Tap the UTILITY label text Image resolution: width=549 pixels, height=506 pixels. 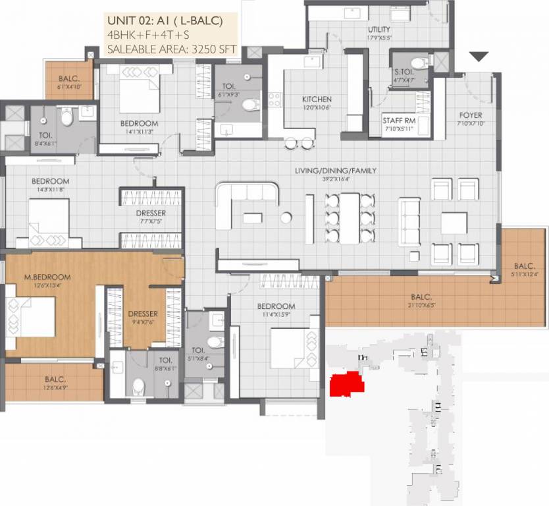coord(379,30)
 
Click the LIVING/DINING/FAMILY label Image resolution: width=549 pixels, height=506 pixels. coord(336,171)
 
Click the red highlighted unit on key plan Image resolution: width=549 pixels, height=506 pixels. coord(347,383)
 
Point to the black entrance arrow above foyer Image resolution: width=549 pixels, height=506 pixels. coord(479,57)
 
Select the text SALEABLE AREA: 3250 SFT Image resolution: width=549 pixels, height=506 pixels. coord(172,47)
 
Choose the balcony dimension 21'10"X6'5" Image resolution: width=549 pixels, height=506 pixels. coord(421,304)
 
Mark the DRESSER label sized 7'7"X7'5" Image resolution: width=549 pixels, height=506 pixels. coord(152,213)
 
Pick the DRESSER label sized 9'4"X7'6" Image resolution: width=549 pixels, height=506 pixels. coord(143,314)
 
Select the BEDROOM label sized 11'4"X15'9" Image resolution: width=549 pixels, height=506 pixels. coord(276,306)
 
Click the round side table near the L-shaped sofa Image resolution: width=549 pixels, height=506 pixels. coord(286,217)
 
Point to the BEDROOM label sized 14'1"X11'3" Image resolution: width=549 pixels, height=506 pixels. coord(139,123)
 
